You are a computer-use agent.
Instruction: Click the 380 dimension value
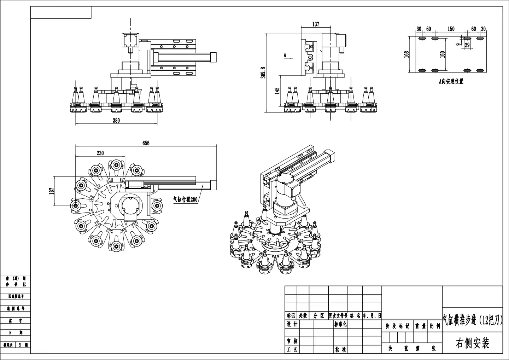[116, 120]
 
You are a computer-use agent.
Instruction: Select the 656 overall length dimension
[146, 143]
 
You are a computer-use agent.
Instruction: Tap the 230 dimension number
[100, 153]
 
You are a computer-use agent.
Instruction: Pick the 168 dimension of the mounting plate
[406, 54]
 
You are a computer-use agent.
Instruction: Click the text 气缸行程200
[185, 199]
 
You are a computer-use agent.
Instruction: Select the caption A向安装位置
[451, 81]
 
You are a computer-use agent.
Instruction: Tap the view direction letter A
[285, 55]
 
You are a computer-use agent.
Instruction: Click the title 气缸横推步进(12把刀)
[472, 320]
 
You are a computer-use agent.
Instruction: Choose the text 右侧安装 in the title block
[472, 343]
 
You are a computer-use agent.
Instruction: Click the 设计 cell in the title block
[292, 324]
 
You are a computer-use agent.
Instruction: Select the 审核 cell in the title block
[292, 341]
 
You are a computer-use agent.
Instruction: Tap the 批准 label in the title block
[340, 349]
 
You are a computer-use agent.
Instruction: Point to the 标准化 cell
[340, 324]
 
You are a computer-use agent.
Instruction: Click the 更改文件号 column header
[338, 315]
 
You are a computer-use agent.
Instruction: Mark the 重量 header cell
[420, 326]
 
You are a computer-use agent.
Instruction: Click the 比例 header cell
[435, 326]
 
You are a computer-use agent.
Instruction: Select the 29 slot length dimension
[467, 45]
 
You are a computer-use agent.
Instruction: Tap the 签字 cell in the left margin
[16, 321]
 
